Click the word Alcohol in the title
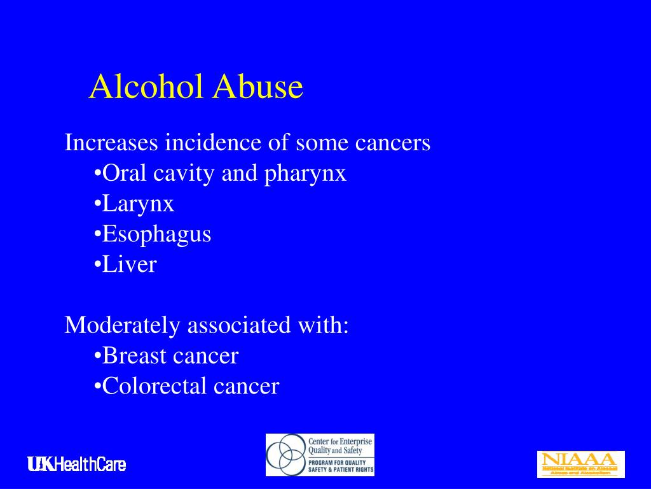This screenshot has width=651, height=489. click(x=147, y=87)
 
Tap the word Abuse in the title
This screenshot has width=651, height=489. click(x=257, y=87)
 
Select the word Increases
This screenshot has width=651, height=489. click(x=111, y=143)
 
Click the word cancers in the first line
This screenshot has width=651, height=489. click(x=392, y=143)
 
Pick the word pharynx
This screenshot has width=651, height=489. click(x=305, y=174)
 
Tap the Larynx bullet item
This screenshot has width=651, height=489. click(x=137, y=204)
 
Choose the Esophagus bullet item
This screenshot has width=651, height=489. click(x=156, y=234)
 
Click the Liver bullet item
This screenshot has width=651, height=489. click(x=129, y=264)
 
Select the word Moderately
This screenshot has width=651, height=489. click(x=123, y=325)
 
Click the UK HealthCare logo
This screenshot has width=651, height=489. click(x=76, y=465)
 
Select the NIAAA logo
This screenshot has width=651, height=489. click(x=580, y=464)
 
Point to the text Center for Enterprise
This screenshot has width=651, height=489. click(x=340, y=441)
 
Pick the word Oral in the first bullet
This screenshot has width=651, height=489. click(x=121, y=173)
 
